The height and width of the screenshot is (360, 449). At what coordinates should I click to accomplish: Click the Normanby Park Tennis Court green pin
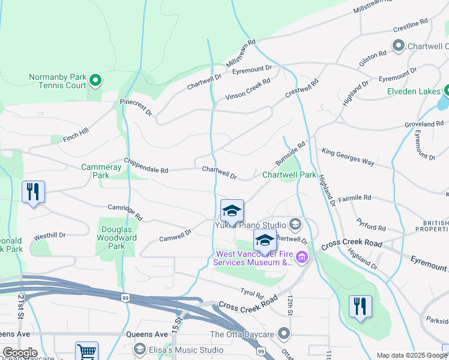click(94, 79)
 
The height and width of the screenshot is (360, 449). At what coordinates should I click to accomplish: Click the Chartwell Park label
click(289, 175)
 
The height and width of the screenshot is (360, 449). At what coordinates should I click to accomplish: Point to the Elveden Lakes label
click(415, 92)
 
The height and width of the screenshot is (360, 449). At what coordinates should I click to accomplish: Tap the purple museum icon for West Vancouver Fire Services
click(301, 258)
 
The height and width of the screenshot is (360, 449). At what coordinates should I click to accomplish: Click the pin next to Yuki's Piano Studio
click(295, 225)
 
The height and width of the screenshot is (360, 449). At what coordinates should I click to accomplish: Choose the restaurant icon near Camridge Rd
click(33, 192)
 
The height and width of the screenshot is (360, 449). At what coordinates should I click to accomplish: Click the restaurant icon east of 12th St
click(360, 306)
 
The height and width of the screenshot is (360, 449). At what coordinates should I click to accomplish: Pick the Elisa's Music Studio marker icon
click(140, 349)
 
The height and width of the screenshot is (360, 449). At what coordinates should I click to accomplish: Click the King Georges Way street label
click(348, 157)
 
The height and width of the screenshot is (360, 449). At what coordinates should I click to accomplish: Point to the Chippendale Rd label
click(146, 166)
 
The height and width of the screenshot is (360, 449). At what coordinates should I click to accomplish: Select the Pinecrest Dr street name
click(136, 107)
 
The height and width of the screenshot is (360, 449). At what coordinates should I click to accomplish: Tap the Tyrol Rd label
click(252, 293)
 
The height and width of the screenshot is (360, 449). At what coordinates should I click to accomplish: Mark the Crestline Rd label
click(411, 24)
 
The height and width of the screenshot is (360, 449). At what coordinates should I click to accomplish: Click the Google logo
click(20, 353)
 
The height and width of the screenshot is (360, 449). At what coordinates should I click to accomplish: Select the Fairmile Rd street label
click(354, 197)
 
